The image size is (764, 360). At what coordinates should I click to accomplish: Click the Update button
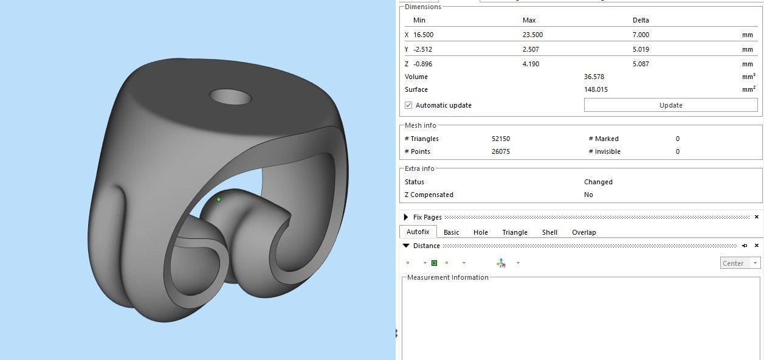tap(670, 105)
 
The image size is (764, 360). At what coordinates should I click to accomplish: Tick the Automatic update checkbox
tap(408, 105)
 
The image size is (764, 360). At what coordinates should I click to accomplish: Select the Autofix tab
tap(418, 232)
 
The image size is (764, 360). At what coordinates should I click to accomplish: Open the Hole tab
tap(480, 232)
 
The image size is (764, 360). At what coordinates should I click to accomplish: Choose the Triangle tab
tap(515, 232)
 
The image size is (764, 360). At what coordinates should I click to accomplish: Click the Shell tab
tap(549, 232)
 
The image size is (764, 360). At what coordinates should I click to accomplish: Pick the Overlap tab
tap(583, 232)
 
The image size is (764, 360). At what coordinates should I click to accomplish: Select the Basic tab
tap(451, 232)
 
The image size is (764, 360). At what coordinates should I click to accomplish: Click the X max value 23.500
tap(532, 35)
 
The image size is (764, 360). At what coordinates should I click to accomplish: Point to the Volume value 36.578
tap(594, 77)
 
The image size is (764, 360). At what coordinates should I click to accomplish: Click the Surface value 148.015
tap(596, 89)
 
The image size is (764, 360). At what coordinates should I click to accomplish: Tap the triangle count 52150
tap(501, 139)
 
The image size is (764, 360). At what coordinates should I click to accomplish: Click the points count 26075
tap(501, 151)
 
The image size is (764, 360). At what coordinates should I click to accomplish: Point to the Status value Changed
tap(598, 182)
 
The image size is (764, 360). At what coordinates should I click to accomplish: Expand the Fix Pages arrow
tap(405, 217)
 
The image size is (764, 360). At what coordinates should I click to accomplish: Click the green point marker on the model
tap(219, 199)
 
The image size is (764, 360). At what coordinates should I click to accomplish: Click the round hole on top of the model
tap(230, 97)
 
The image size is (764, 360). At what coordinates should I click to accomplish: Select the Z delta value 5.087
tap(641, 64)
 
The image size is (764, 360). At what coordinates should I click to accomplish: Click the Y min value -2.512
tap(422, 49)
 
